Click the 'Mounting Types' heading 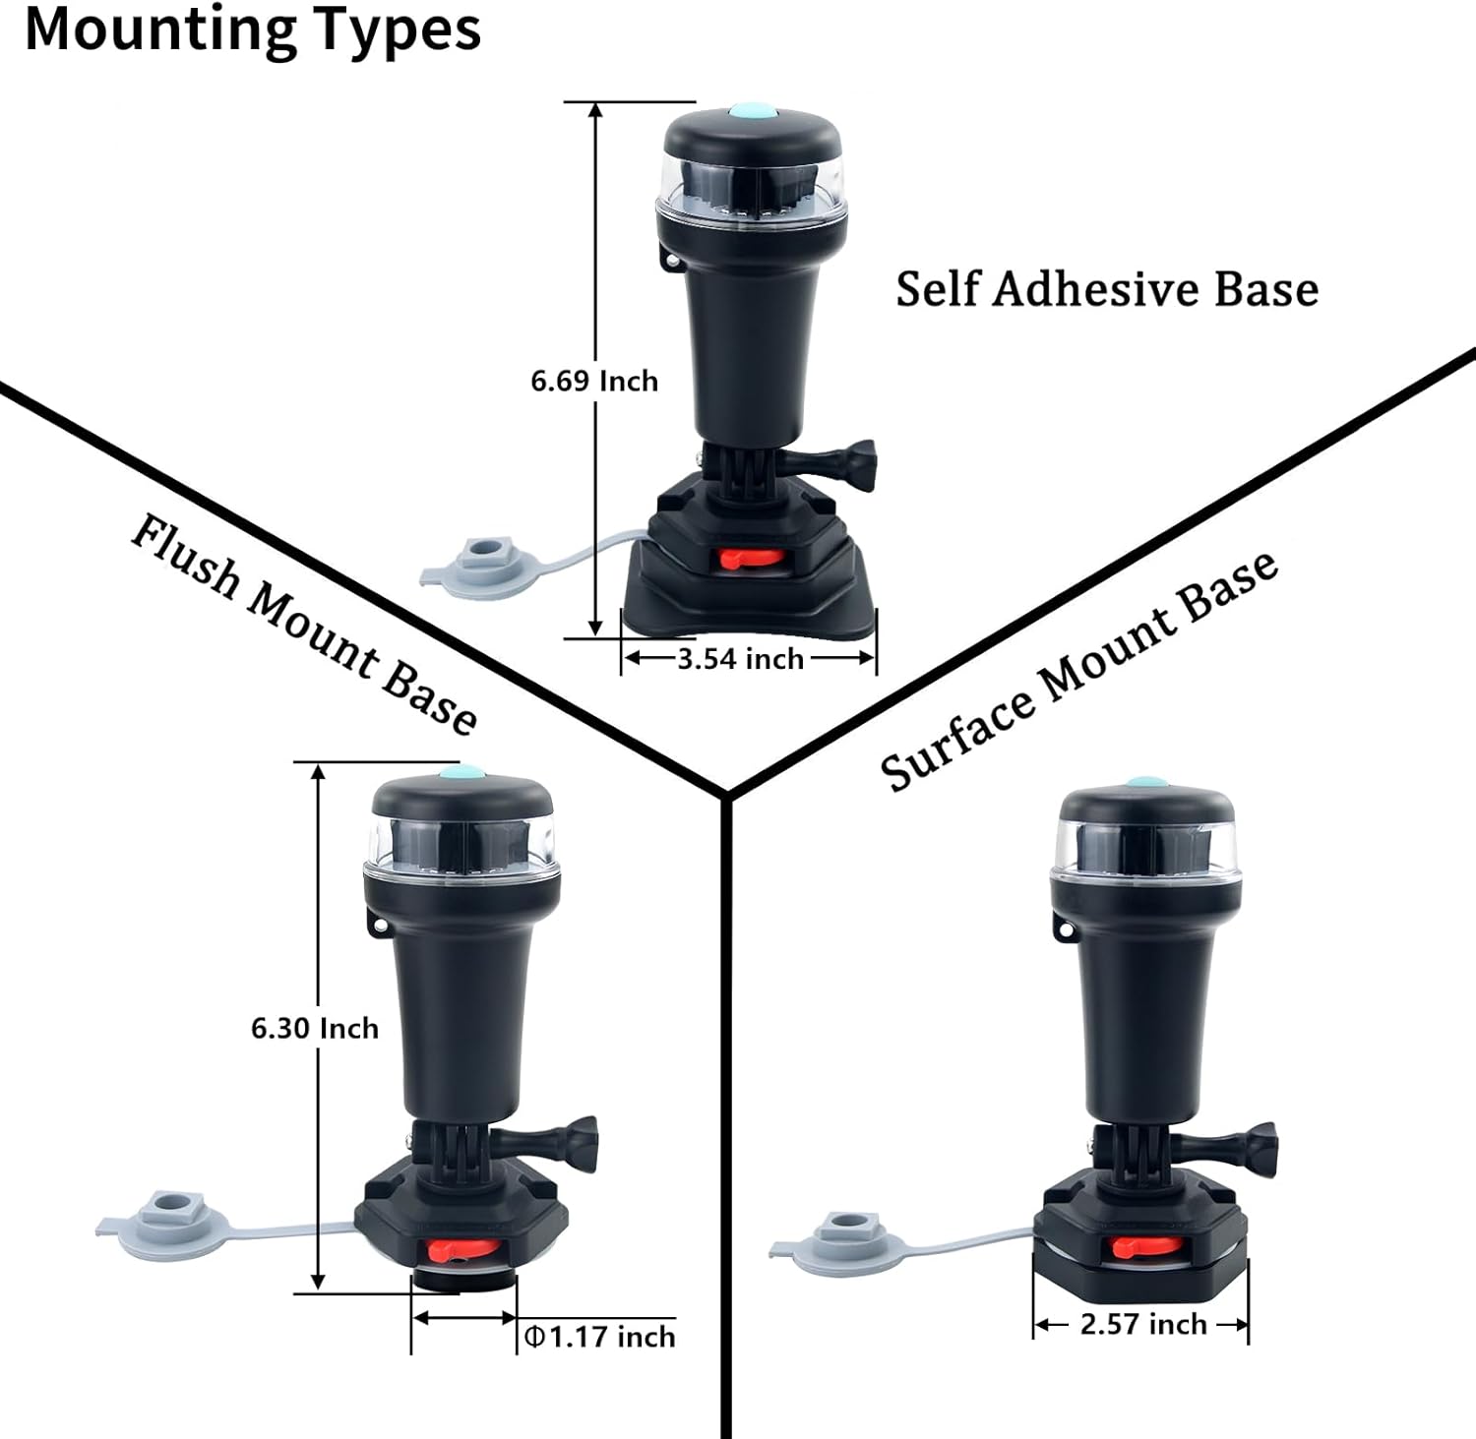click(253, 30)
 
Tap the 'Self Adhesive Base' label click(1106, 289)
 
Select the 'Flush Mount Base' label click(304, 625)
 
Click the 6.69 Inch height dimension click(594, 381)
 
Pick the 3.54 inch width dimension click(740, 659)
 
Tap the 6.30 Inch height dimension click(315, 1028)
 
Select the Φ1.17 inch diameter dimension click(599, 1337)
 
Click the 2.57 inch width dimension click(1143, 1324)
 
